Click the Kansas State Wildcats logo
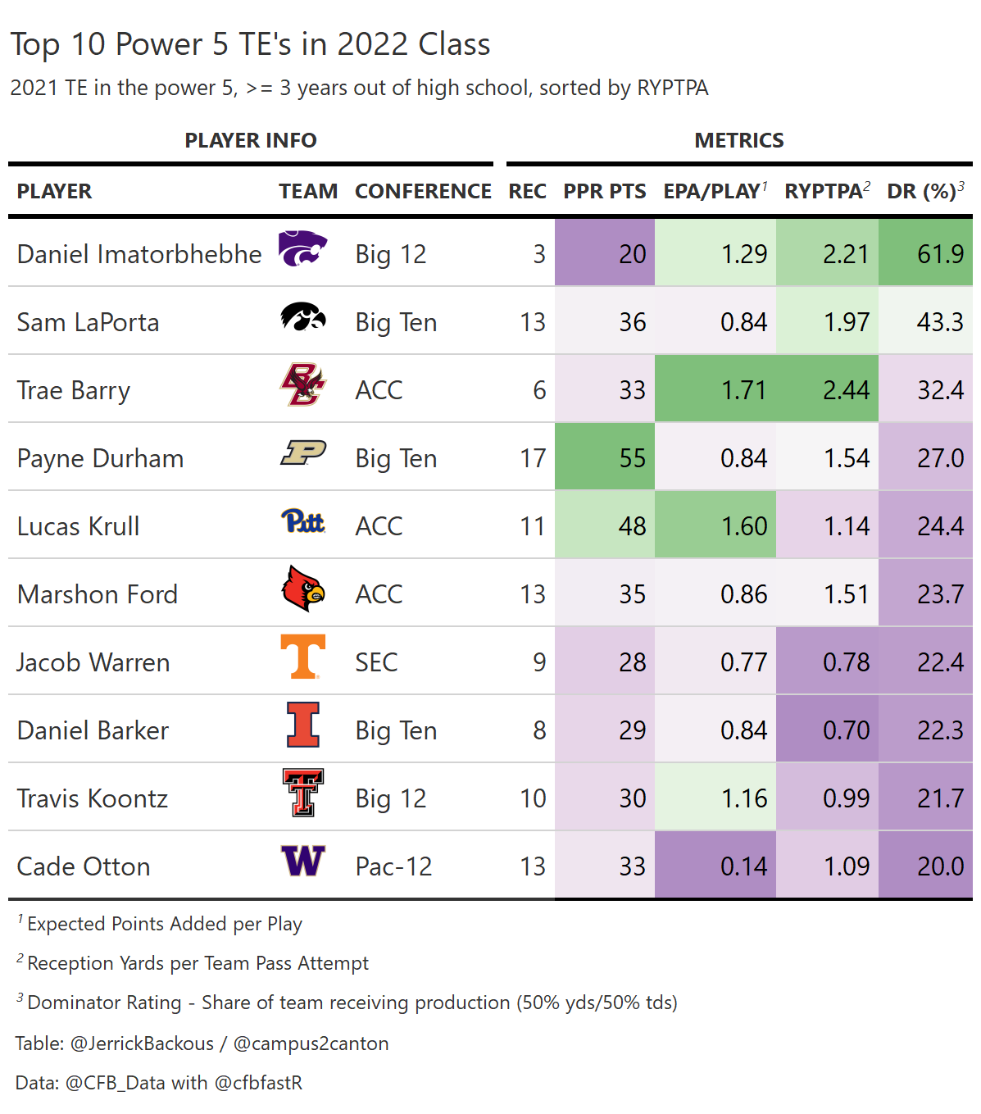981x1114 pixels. point(302,249)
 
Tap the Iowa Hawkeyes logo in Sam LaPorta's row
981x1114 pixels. point(302,317)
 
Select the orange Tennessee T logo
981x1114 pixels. point(302,657)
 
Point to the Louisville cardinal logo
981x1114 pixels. point(302,589)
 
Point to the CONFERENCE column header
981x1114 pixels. point(423,192)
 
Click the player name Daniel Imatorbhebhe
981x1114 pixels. point(139,254)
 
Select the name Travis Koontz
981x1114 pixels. point(93,798)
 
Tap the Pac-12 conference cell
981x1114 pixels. point(393,866)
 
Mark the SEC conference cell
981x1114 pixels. point(376,662)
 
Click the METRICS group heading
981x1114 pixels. point(738,141)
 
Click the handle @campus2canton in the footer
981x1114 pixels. point(311,1044)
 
